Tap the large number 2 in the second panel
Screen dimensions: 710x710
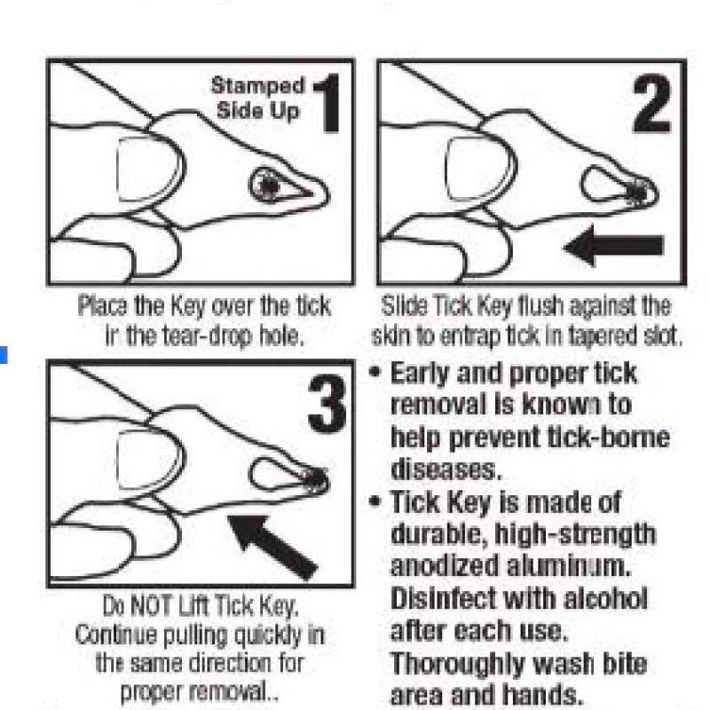(x=651, y=103)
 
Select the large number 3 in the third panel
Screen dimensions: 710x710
(x=327, y=404)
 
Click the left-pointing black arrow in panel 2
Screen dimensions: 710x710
(x=613, y=246)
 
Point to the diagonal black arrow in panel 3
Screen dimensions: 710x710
(x=272, y=547)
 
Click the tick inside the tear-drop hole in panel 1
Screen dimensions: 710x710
(x=269, y=185)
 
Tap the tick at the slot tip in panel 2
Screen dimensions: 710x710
(x=638, y=192)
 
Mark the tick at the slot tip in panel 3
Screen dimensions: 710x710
(x=315, y=480)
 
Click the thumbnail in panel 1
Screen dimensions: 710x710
(x=150, y=169)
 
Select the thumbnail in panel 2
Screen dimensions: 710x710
(x=480, y=169)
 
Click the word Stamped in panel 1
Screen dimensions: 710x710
(x=258, y=86)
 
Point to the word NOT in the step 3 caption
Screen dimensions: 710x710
(x=151, y=605)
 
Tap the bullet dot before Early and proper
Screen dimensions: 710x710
(x=375, y=372)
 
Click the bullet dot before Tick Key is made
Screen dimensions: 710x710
(x=375, y=501)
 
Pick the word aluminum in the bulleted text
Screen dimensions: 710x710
(x=569, y=566)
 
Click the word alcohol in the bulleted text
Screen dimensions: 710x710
(x=606, y=598)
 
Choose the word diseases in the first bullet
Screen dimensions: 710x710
(x=446, y=469)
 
